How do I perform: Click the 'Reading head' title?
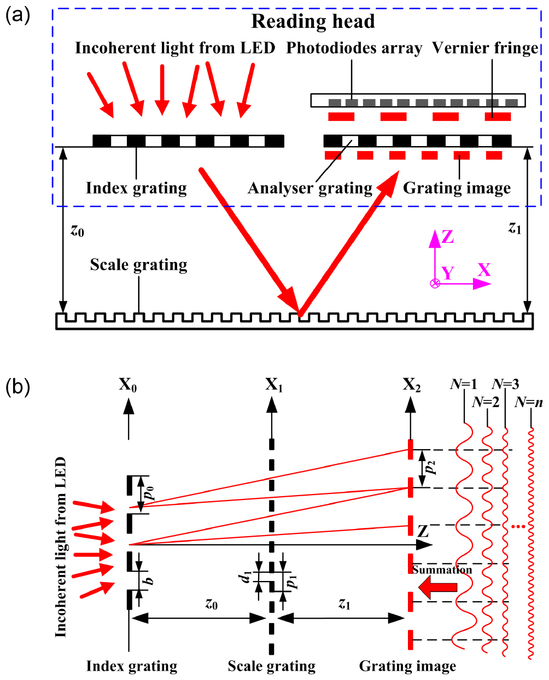pos(313,21)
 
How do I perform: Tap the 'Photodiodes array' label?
pos(354,48)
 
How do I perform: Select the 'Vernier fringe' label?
pos(485,48)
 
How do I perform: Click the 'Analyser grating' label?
pos(309,188)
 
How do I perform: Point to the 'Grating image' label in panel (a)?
pos(457,188)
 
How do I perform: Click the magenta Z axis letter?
pos(447,237)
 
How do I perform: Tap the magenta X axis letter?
pos(484,270)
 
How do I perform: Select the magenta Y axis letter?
pos(448,273)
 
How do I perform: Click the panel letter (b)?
pos(17,387)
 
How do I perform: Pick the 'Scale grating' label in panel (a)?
pos(138,265)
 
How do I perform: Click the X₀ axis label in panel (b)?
pos(128,386)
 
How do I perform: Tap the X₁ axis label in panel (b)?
pos(274,386)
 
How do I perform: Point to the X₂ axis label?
pos(412,386)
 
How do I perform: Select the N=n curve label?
pos(529,403)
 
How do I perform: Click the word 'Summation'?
pos(442,570)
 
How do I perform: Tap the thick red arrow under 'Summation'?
pos(437,587)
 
